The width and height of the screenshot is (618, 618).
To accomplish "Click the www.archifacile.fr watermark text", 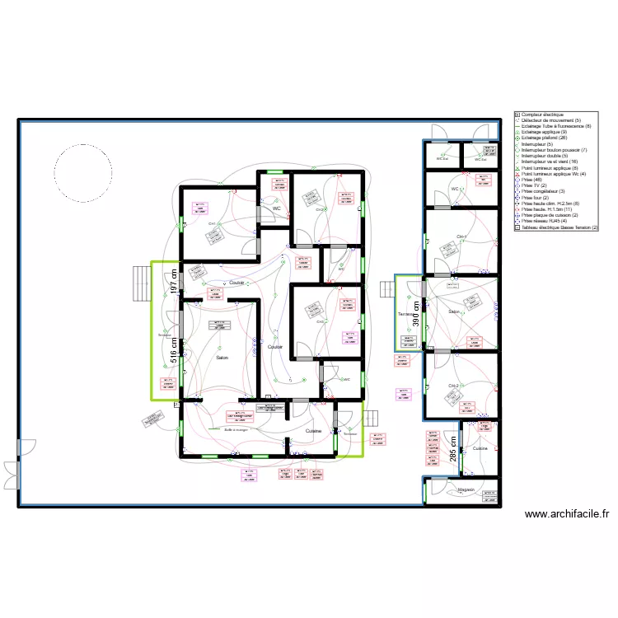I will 567,514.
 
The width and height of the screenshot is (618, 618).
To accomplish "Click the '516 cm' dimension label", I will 174,347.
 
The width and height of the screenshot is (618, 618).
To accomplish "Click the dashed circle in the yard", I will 82,173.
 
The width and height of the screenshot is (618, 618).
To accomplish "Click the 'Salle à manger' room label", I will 236,429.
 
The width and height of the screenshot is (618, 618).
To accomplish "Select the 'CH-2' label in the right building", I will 453,385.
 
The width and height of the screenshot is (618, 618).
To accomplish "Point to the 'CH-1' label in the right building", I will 461,237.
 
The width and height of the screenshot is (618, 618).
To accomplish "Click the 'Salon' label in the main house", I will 222,358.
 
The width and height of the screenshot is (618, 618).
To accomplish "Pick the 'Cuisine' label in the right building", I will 480,448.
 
